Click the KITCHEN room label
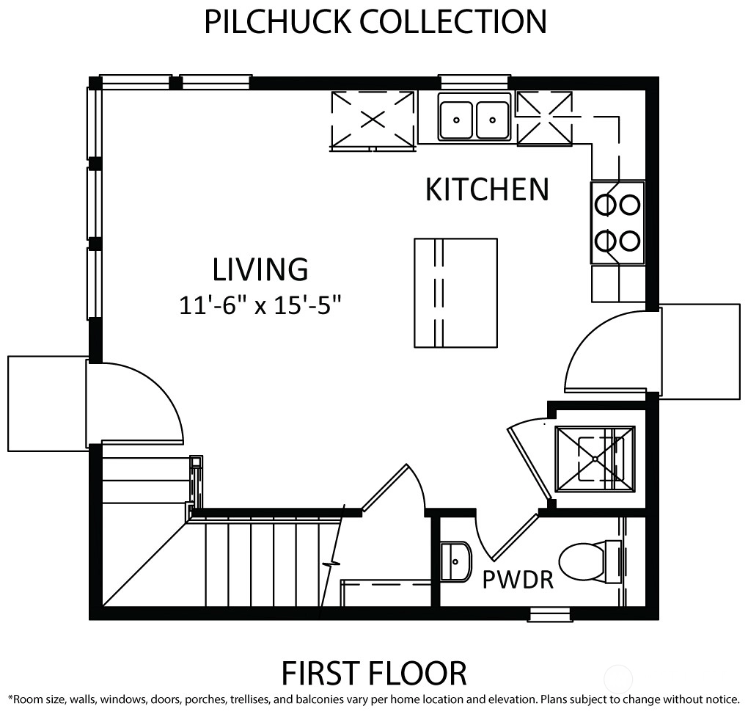click(x=487, y=189)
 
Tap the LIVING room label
click(x=260, y=269)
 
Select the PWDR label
click(x=518, y=580)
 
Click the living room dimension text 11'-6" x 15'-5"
click(x=260, y=305)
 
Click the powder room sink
click(x=455, y=562)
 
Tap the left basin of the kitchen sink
click(x=456, y=120)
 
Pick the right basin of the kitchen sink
click(x=492, y=120)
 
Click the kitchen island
click(x=455, y=293)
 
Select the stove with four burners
click(x=617, y=222)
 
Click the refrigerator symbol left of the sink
click(x=373, y=121)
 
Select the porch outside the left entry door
click(x=48, y=404)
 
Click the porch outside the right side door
click(x=700, y=351)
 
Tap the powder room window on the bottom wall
click(x=550, y=614)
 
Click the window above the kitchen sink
click(x=474, y=81)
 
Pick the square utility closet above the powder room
click(x=595, y=459)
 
